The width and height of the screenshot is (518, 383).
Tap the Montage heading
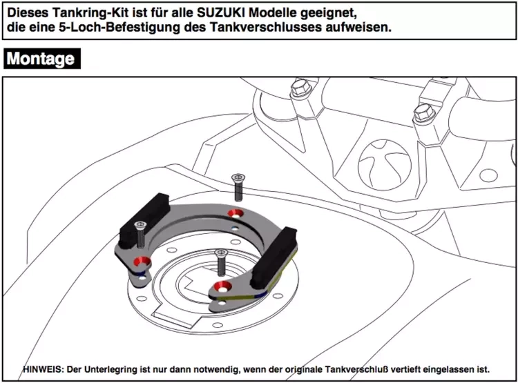tap(41, 59)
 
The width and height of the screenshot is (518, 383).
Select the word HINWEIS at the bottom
tap(42, 369)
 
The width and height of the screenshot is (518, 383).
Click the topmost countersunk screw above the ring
tap(238, 187)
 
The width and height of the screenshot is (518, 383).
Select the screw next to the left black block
tap(140, 235)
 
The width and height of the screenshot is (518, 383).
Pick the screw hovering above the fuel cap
tap(221, 262)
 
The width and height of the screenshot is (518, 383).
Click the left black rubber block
tap(144, 219)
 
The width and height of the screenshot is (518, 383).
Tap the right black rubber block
tap(274, 257)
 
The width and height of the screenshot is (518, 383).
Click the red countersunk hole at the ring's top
tap(236, 214)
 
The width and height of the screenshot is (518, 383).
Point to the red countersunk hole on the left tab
tap(142, 261)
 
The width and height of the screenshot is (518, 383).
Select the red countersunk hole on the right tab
tap(222, 286)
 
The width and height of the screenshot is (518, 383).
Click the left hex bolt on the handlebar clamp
tap(301, 88)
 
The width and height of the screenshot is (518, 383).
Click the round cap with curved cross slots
tap(385, 165)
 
